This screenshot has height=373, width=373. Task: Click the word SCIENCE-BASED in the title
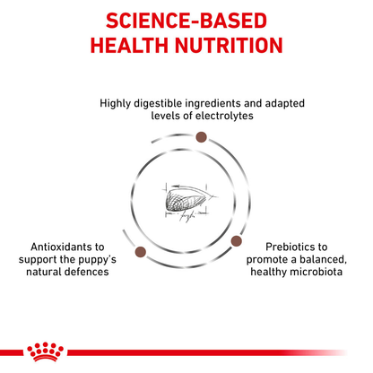186,20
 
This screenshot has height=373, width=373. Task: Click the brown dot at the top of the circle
202,136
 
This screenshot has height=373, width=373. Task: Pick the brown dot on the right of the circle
238,240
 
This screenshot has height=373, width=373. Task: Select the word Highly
116,102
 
